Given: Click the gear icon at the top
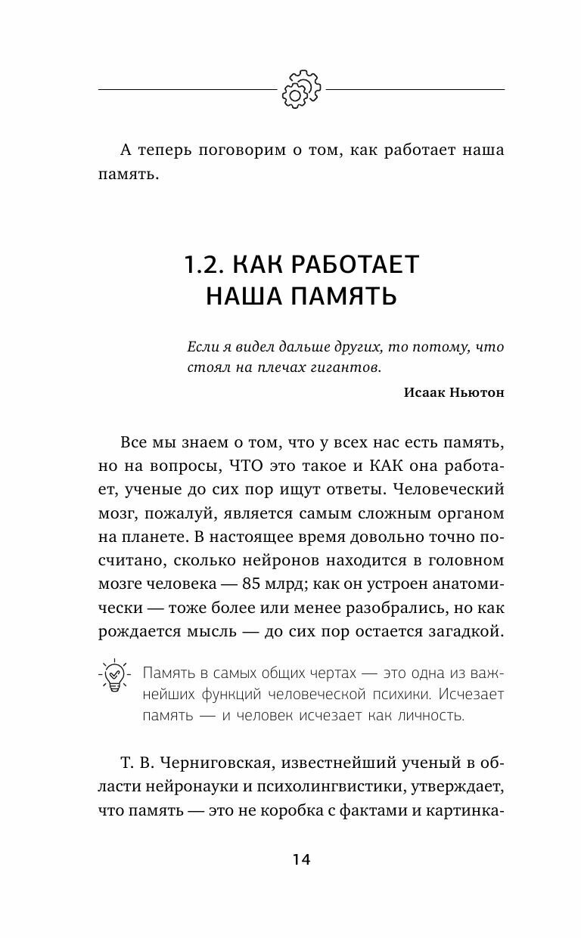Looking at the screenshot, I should pyautogui.click(x=302, y=89).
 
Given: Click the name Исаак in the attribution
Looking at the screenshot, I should pyautogui.click(x=429, y=392).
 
